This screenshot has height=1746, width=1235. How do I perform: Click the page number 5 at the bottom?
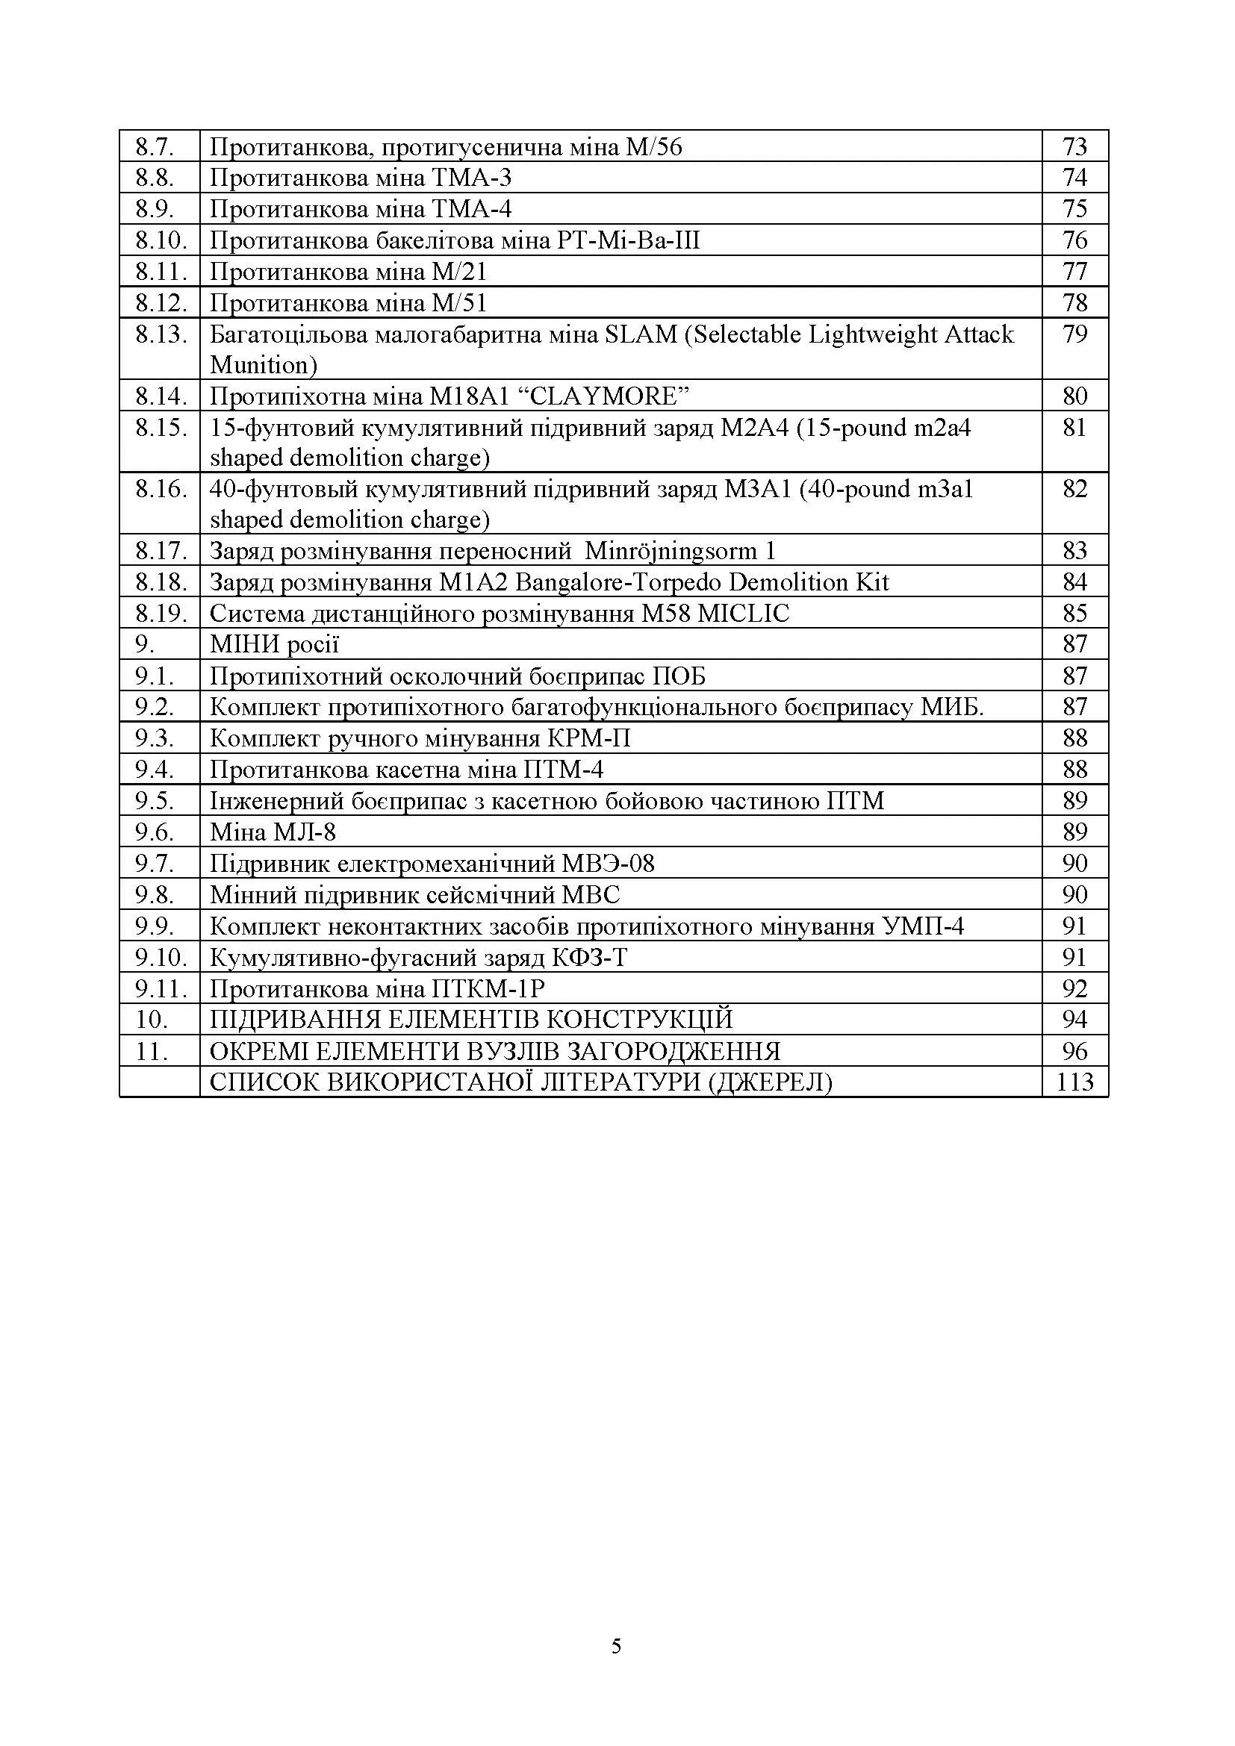(x=616, y=1647)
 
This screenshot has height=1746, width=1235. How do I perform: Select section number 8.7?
(x=155, y=147)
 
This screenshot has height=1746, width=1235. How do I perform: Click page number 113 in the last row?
(x=1074, y=1082)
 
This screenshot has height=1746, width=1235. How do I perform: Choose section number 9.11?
(x=161, y=988)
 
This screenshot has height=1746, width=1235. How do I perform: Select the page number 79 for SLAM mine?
(x=1074, y=334)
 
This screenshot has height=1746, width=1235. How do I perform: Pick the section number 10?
(x=152, y=1020)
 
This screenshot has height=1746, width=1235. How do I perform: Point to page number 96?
(x=1074, y=1051)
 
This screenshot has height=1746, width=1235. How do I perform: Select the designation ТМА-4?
(x=471, y=209)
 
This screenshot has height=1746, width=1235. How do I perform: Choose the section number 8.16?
(x=161, y=489)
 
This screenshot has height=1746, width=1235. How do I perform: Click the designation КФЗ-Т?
(x=589, y=958)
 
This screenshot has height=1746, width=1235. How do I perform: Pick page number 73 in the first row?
(x=1074, y=147)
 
